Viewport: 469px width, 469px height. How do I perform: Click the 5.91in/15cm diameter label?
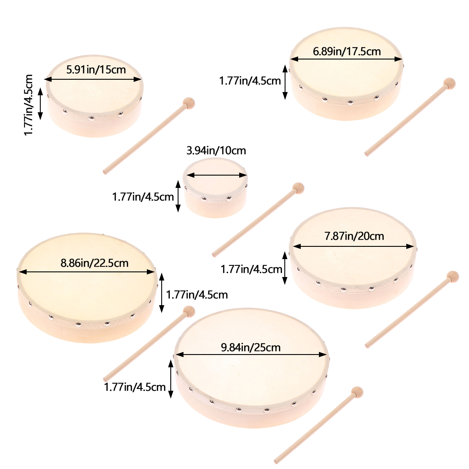click(96, 70)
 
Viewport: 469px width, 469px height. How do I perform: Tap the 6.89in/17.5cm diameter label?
click(347, 52)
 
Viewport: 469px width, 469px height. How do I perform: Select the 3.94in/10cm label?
click(216, 151)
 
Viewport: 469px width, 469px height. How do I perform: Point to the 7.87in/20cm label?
click(354, 236)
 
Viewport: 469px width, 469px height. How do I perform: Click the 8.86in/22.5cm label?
click(94, 263)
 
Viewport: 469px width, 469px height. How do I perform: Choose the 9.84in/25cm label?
click(251, 348)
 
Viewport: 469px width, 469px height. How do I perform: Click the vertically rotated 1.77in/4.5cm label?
click(28, 105)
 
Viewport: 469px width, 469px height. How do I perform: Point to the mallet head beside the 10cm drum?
click(298, 188)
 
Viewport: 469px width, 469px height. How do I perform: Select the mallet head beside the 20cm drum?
click(452, 277)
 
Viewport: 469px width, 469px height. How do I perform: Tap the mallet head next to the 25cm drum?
click(357, 392)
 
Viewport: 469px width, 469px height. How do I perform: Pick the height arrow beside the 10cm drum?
click(178, 196)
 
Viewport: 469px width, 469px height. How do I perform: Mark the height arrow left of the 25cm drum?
click(171, 379)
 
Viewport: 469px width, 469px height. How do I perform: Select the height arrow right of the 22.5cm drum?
click(162, 293)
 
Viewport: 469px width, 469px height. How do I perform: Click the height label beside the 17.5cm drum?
click(250, 81)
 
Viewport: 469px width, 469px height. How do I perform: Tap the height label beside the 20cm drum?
click(251, 269)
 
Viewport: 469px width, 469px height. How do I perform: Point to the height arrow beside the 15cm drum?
click(40, 104)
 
